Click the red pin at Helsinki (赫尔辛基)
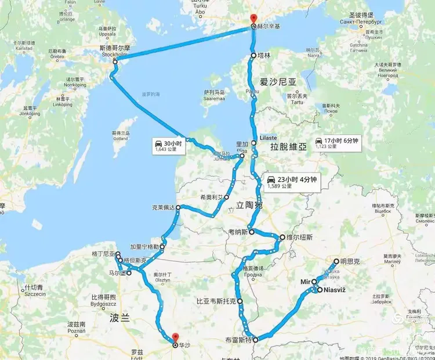pos(252,20)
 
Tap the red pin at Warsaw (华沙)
pos(175,337)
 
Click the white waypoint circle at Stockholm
pos(115,62)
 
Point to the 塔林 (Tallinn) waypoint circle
pos(253,56)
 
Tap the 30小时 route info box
pos(168,146)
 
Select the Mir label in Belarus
pos(306,282)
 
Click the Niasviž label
pos(335,289)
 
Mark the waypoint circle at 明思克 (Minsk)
pos(335,262)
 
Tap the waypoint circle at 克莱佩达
pos(179,207)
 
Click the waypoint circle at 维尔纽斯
pos(281,237)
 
